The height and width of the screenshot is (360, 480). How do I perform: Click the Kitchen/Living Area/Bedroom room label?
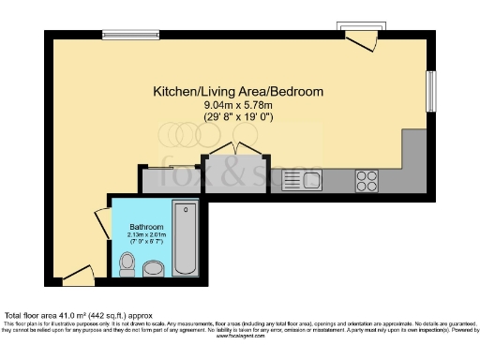coord(239,92)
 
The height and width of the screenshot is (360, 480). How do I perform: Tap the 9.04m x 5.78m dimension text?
coord(239,105)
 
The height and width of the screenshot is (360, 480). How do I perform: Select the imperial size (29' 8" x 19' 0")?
coord(239,116)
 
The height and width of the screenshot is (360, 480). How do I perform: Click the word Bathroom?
coord(146,228)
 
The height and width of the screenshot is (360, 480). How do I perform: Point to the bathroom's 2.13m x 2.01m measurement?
coord(146,235)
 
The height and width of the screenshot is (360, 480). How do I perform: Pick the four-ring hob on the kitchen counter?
coord(367,178)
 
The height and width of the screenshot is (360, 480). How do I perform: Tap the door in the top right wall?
coord(359,37)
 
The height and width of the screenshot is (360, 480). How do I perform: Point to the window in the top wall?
coord(129,36)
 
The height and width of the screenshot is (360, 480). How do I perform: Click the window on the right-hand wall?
coord(432,91)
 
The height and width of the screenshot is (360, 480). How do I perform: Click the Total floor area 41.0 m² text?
coord(78,316)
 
